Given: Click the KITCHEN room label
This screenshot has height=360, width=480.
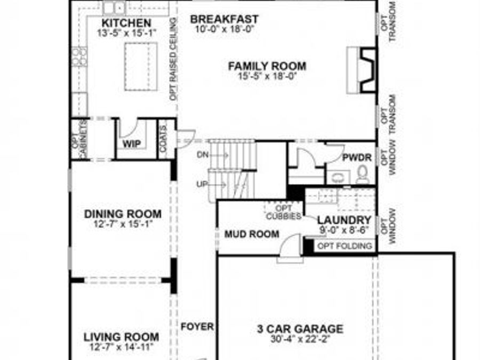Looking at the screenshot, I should pos(126,23).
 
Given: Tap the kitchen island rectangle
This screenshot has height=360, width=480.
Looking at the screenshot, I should pos(141,67).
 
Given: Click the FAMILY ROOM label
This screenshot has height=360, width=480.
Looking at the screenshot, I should pos(267,66).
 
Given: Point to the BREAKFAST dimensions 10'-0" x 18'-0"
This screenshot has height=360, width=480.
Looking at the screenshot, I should pos(224,29).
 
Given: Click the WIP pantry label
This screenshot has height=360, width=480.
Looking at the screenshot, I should pos(132,144).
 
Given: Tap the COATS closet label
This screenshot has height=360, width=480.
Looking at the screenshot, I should pos(163,139).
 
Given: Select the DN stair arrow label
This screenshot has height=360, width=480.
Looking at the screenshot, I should pos(203,155).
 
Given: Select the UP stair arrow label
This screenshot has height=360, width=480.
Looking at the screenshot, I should pos(202,184).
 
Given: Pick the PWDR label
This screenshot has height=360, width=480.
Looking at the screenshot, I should pos(353,158).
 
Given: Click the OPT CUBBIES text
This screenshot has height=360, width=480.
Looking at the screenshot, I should pos(283,212).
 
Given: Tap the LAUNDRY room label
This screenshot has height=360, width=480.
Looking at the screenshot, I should pos(344,220).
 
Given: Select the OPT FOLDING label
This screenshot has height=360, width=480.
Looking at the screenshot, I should pos(345,246).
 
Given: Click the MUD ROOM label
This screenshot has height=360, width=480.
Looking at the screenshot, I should pos(251,234).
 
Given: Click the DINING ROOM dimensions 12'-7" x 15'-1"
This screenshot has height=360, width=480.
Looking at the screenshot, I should pos(123,224).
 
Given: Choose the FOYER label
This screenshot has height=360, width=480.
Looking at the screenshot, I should pos(197,326).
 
